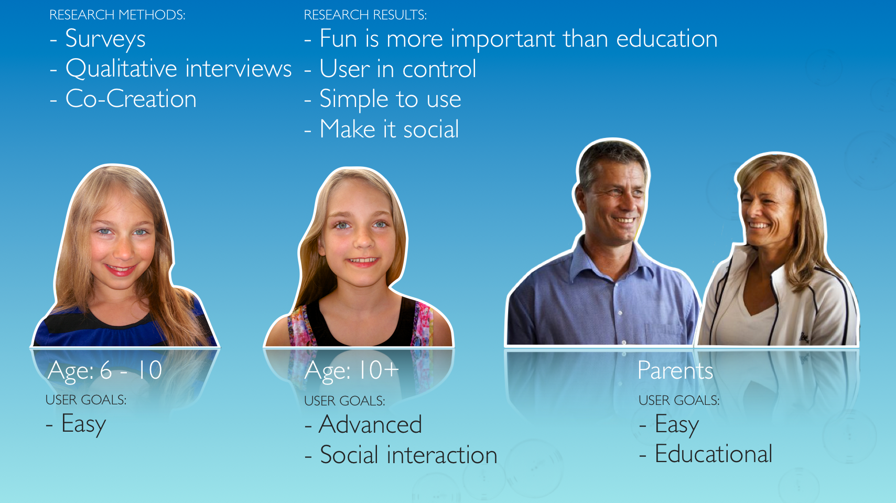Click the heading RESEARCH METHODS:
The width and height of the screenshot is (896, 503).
point(117,15)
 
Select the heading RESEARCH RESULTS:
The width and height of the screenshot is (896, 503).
point(365,15)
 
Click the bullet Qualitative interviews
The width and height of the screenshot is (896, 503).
point(171,69)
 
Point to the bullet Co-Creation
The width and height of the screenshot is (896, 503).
point(123,99)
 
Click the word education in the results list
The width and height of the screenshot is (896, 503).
point(667,39)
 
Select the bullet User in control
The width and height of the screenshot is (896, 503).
point(391,69)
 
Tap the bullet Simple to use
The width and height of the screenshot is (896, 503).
point(383,99)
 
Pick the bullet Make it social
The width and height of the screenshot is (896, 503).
point(382,129)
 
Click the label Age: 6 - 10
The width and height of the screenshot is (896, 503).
point(105,370)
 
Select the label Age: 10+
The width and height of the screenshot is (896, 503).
point(352,370)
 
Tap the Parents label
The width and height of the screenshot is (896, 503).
point(675,370)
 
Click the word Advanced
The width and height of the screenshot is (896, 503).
point(370,424)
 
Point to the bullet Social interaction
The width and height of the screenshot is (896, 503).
point(401,455)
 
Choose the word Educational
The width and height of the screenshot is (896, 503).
point(714,454)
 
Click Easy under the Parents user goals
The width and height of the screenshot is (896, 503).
point(677,425)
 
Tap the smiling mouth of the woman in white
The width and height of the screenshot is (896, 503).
point(759,226)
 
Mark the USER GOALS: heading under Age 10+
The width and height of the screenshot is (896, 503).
point(345,401)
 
